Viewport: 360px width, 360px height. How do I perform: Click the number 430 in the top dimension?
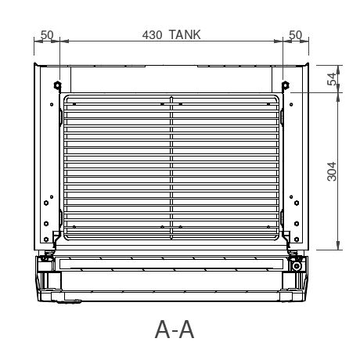click(x=153, y=35)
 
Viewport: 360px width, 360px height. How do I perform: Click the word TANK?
click(x=185, y=35)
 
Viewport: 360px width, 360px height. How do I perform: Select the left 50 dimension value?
click(x=46, y=35)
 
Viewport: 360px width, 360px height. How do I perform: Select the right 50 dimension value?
click(x=296, y=35)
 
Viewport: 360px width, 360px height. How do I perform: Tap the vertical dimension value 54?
click(x=332, y=79)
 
